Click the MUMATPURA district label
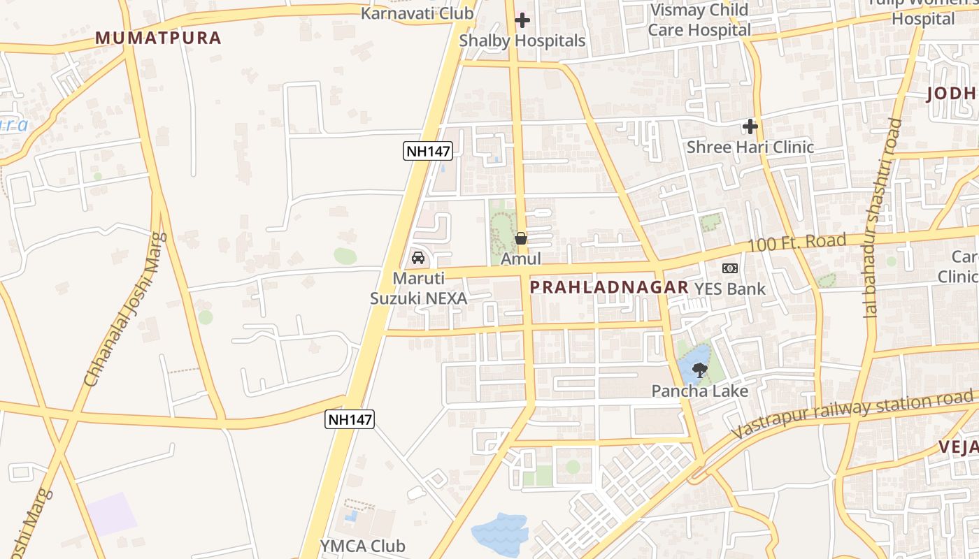(x=158, y=38)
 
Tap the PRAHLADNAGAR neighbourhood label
(x=609, y=287)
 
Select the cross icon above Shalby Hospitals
(x=522, y=20)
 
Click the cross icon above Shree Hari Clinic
(x=750, y=126)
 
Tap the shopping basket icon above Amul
(x=521, y=238)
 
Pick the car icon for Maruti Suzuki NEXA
(x=418, y=257)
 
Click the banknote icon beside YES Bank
(x=730, y=268)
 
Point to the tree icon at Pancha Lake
(x=699, y=370)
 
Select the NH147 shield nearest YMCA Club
(x=350, y=419)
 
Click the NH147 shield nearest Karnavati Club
(x=428, y=150)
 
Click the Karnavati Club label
(x=417, y=13)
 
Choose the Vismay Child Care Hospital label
(x=699, y=20)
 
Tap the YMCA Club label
(x=362, y=546)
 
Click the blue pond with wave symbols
(x=499, y=535)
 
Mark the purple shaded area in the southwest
(x=112, y=514)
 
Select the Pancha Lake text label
(x=699, y=391)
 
